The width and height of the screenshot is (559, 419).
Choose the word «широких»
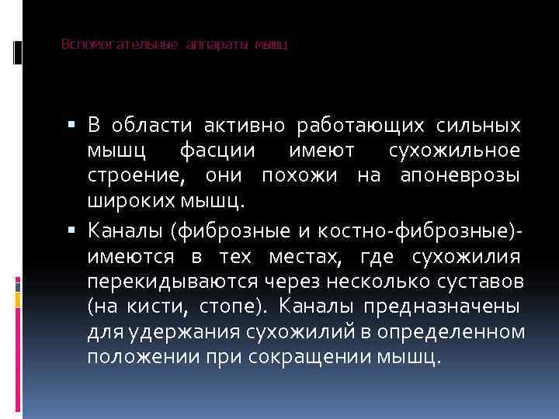click(124, 203)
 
